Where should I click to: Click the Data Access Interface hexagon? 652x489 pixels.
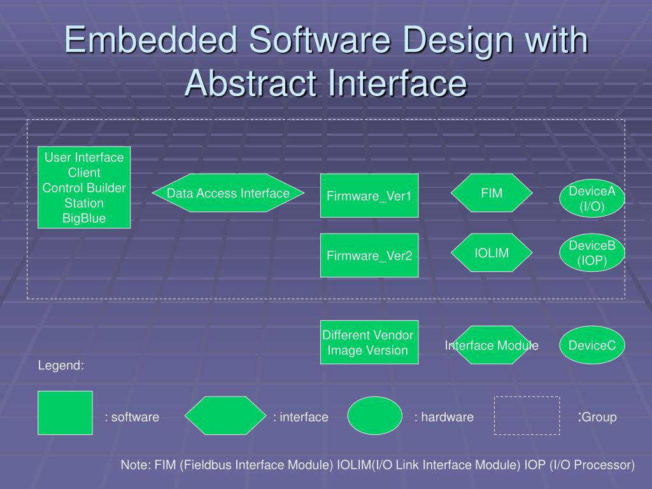pyautogui.click(x=228, y=193)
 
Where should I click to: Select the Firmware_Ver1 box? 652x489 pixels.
pyautogui.click(x=369, y=195)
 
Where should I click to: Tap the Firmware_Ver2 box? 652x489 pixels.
pyautogui.click(x=369, y=255)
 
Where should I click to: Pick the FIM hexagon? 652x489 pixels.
pyautogui.click(x=492, y=192)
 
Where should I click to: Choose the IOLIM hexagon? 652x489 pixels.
pyautogui.click(x=492, y=253)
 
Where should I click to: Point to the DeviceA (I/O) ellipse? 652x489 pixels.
pyautogui.click(x=592, y=199)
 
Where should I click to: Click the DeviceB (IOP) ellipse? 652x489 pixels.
pyautogui.click(x=592, y=253)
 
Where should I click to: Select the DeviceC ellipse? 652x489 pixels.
pyautogui.click(x=592, y=345)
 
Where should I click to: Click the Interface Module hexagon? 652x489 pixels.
pyautogui.click(x=492, y=345)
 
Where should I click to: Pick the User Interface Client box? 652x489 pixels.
pyautogui.click(x=84, y=187)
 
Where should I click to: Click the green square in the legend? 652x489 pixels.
pyautogui.click(x=65, y=413)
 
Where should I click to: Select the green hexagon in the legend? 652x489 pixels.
pyautogui.click(x=225, y=416)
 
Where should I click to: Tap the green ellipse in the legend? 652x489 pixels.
pyautogui.click(x=375, y=416)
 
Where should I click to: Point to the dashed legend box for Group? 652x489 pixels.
pyautogui.click(x=527, y=416)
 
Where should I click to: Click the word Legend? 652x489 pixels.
pyautogui.click(x=61, y=365)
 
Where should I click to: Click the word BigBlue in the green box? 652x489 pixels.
pyautogui.click(x=84, y=218)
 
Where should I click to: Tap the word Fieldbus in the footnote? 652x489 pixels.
pyautogui.click(x=207, y=465)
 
